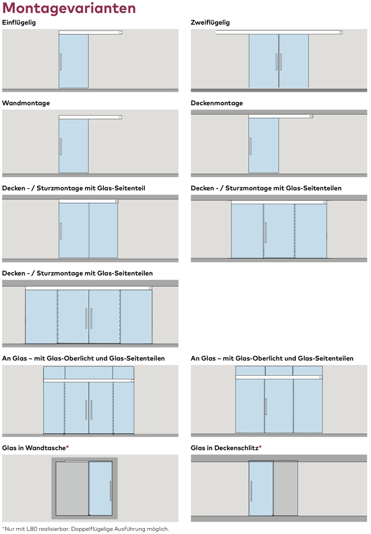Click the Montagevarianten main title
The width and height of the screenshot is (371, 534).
[69, 8]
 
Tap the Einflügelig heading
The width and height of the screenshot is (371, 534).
[19, 23]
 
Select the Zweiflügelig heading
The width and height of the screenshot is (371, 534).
[210, 23]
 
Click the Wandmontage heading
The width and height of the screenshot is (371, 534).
[26, 103]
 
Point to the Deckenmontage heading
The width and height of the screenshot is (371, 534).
[217, 103]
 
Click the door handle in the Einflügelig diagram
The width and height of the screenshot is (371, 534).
[61, 61]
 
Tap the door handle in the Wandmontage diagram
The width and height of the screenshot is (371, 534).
[61, 146]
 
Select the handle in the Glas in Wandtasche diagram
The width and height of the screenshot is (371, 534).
[110, 490]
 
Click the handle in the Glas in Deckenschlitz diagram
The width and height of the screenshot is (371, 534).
[251, 490]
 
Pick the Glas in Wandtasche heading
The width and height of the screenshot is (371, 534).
[34, 448]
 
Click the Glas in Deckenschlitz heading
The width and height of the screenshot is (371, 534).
[225, 448]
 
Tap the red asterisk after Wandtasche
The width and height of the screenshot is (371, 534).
[67, 447]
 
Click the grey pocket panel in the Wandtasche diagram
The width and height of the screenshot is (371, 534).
[72, 489]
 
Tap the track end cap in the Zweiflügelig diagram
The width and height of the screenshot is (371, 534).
[339, 33]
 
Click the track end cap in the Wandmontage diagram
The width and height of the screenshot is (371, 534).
[120, 118]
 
